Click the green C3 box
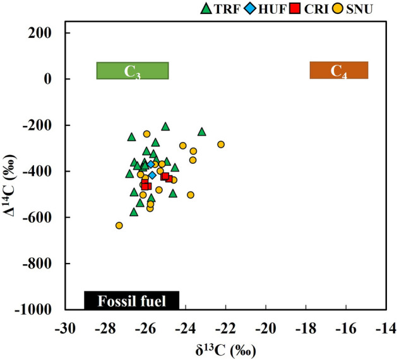coord(132,71)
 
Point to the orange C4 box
coord(338,71)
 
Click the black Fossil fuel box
coord(131,301)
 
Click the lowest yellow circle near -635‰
coord(119,225)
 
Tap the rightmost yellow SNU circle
coord(221,144)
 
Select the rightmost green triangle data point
coord(202,132)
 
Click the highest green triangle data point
coord(165,127)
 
